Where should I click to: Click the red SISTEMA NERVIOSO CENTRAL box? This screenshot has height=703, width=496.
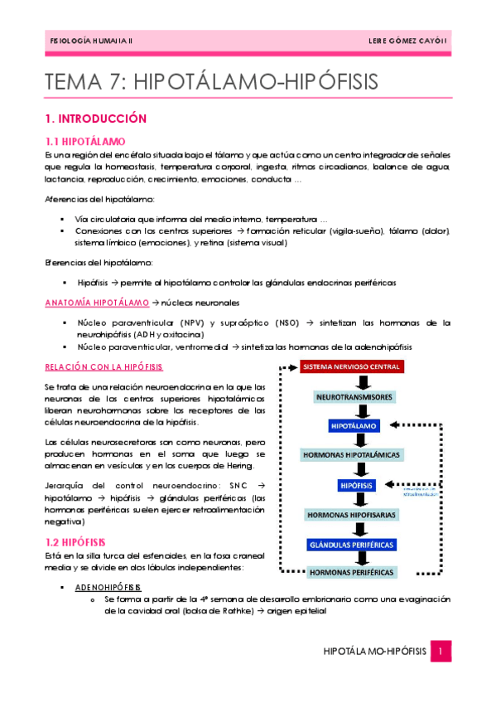(352, 366)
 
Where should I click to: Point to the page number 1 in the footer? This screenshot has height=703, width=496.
(443, 652)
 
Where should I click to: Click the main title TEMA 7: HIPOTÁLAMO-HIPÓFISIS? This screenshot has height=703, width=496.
(211, 81)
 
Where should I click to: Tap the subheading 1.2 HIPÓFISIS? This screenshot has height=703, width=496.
(75, 542)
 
